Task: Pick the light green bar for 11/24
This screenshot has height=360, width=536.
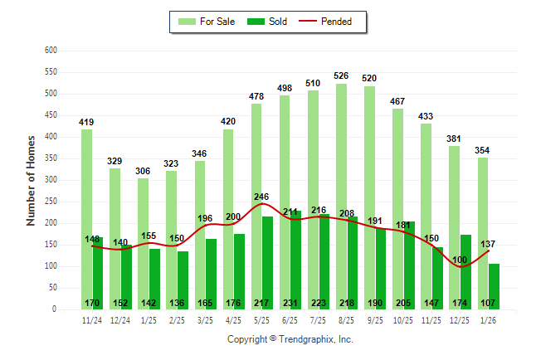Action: (86, 219)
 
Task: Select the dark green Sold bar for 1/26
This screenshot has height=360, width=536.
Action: (495, 282)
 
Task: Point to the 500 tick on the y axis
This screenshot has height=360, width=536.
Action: (51, 94)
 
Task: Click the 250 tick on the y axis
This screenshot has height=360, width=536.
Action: (51, 202)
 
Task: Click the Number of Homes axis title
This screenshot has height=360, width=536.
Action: (31, 180)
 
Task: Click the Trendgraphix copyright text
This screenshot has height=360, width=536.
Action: (290, 339)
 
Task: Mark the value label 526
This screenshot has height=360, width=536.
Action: (341, 76)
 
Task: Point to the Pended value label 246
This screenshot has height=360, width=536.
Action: (262, 197)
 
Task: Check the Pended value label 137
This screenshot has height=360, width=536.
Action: (490, 244)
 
